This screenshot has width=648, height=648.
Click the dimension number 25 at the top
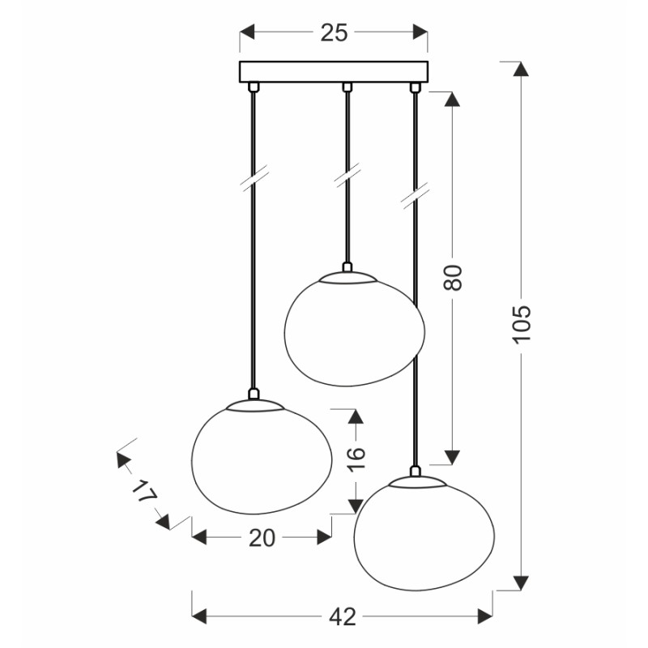[334, 32]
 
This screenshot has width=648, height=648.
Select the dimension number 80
[454, 278]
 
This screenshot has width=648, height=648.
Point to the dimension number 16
[356, 460]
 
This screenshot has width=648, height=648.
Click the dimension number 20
[262, 538]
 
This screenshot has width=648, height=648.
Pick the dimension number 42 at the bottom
[343, 616]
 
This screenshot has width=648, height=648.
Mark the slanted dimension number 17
[143, 492]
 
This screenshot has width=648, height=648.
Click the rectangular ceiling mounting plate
[334, 72]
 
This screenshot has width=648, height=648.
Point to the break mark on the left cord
[254, 179]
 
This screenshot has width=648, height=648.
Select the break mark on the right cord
[416, 198]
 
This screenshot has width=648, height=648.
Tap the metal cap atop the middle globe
[347, 277]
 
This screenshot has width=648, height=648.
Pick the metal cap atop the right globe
[416, 480]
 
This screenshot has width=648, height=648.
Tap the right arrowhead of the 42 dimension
[484, 616]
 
